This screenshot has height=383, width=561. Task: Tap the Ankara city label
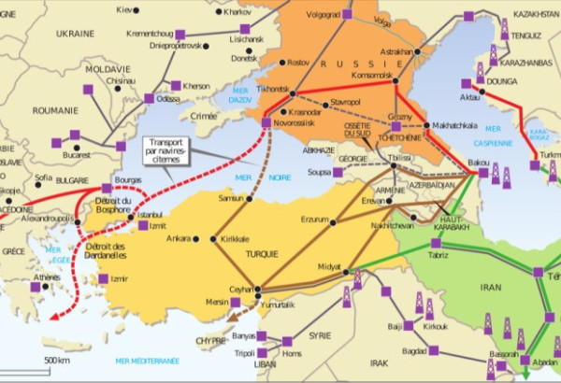tap(178, 237)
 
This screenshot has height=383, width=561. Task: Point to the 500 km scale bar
tap(57, 362)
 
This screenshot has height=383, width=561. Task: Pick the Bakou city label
tap(478, 163)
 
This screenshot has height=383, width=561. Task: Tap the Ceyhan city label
tap(242, 290)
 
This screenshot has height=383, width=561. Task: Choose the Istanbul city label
tap(150, 215)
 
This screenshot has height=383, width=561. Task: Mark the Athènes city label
tap(46, 277)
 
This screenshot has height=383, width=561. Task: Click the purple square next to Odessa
tap(149, 98)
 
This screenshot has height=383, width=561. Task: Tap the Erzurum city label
tap(313, 220)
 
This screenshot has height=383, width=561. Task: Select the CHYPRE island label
tap(210, 341)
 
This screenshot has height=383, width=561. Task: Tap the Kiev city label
tap(124, 9)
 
